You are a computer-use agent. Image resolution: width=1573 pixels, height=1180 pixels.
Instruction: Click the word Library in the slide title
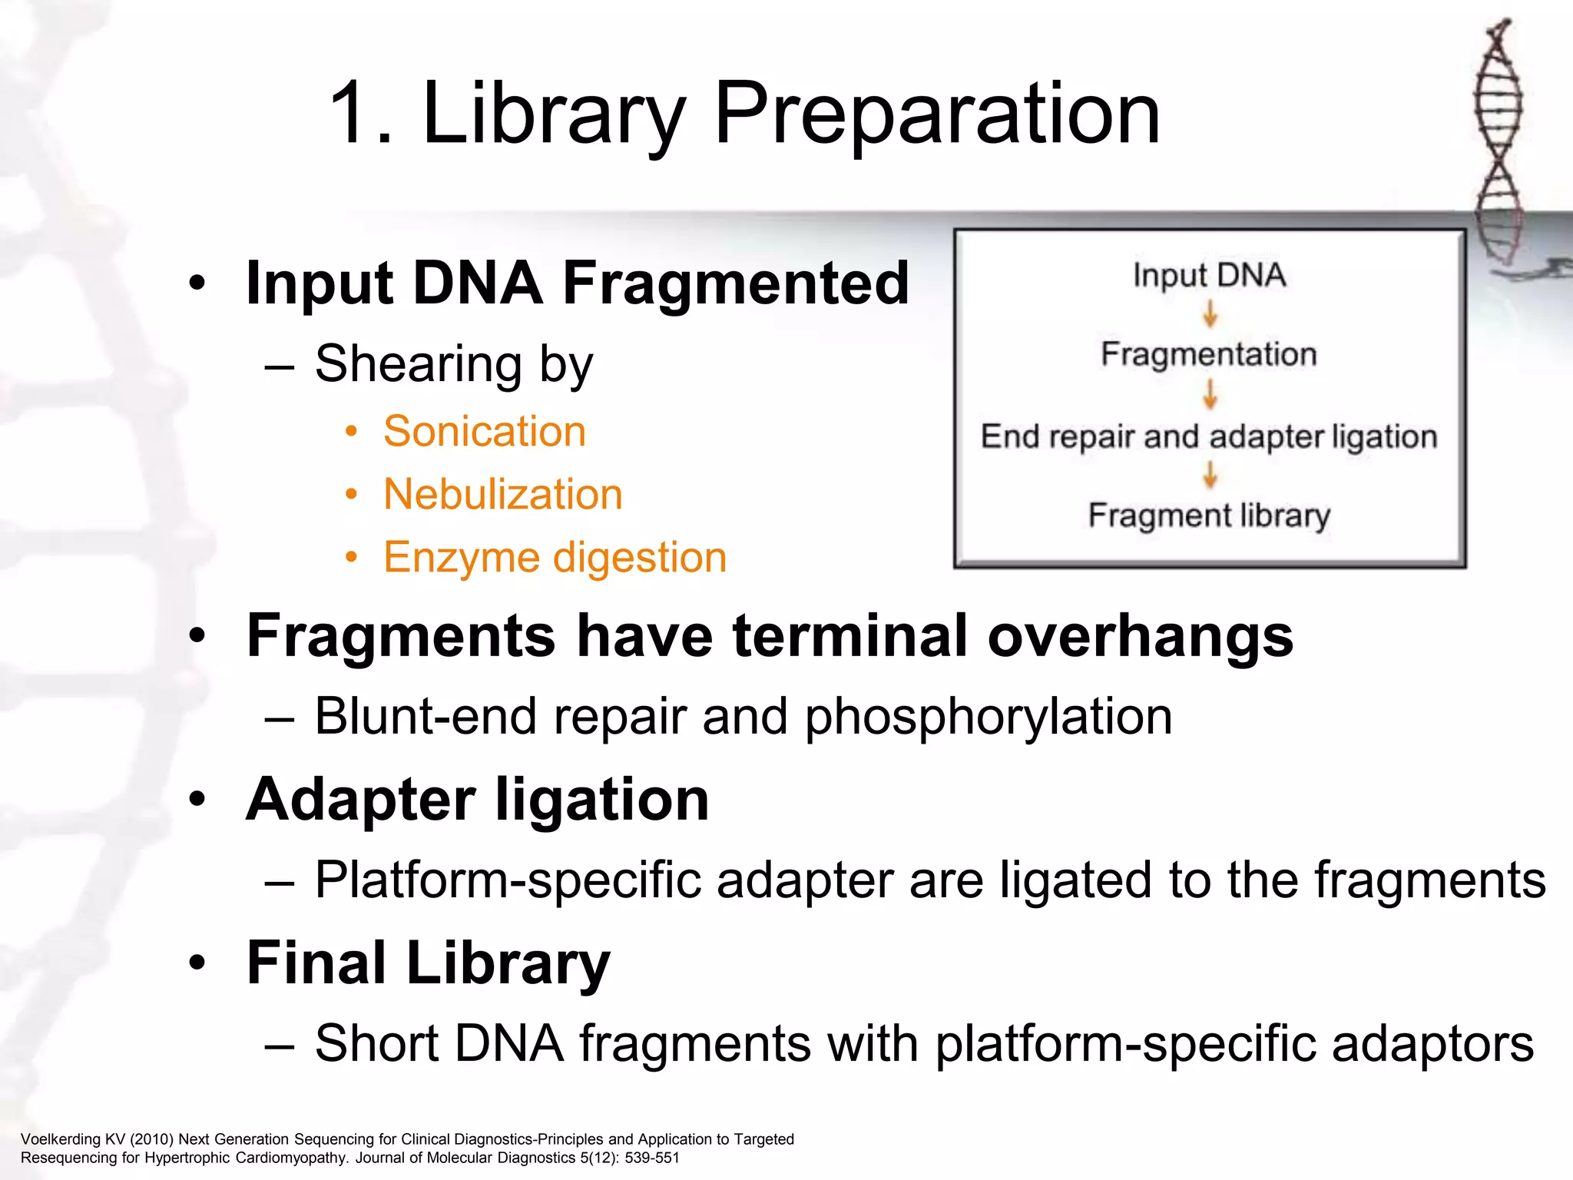tap(553, 115)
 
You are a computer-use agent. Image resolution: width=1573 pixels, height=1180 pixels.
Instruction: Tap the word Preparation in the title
tap(937, 115)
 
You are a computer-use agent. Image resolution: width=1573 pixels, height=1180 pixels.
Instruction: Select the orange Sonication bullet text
tap(484, 431)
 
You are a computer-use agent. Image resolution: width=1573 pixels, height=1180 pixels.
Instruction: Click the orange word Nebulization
tap(502, 494)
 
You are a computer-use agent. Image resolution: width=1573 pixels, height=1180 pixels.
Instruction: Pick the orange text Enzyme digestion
tap(555, 557)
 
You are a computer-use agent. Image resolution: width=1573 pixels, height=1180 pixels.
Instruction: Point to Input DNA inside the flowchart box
tap(1209, 276)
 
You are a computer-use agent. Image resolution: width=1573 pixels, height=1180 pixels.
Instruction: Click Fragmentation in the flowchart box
tap(1209, 354)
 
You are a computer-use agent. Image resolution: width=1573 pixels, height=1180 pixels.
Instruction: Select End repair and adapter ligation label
tap(1209, 436)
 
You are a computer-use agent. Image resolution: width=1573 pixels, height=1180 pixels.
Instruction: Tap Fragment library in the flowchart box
tap(1209, 515)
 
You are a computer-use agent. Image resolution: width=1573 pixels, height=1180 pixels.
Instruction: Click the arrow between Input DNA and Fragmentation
tap(1210, 314)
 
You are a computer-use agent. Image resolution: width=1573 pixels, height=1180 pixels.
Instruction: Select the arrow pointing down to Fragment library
tap(1210, 475)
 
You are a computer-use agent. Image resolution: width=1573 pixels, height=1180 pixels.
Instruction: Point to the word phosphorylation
tap(989, 717)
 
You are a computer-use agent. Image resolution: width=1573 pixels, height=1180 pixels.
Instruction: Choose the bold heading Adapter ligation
tap(477, 800)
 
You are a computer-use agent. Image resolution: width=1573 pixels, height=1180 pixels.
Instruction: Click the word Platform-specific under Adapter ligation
tap(508, 880)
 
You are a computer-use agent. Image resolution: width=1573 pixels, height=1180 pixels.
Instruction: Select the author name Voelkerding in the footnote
tap(61, 1139)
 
